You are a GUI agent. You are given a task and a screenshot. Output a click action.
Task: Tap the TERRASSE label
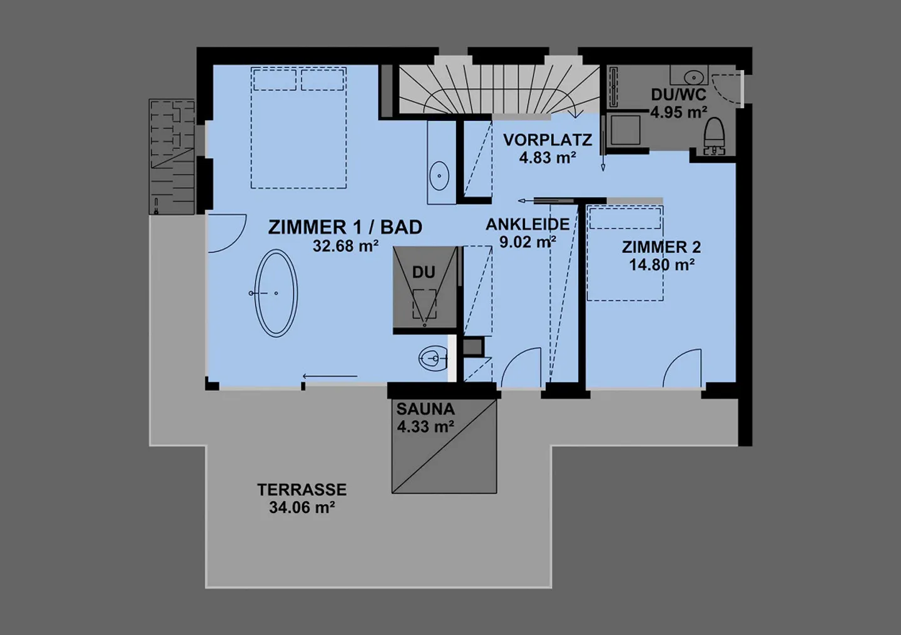302,489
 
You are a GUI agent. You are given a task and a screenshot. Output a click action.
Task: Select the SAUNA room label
425,409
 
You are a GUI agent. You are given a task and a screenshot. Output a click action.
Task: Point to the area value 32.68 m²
345,245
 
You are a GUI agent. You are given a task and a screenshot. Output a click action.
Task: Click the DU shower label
424,272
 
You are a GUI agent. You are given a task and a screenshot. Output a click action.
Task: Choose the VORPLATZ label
547,140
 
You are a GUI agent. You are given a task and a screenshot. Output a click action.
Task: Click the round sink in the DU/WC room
694,77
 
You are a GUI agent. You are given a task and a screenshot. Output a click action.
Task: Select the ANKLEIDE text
527,224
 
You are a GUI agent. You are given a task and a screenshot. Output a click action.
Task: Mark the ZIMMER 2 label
661,247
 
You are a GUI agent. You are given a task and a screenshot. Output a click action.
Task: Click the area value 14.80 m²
662,265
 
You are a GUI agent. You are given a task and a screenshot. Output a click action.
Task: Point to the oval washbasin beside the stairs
439,176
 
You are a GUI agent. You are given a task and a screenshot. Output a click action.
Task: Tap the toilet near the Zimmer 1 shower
433,358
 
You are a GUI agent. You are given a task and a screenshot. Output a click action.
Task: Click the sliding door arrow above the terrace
330,377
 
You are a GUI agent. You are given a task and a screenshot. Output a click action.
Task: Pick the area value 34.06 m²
302,507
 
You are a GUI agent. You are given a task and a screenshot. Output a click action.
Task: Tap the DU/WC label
678,94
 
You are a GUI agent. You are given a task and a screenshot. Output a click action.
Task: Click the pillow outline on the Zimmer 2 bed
625,208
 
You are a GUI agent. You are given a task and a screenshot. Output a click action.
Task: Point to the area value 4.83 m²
547,157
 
